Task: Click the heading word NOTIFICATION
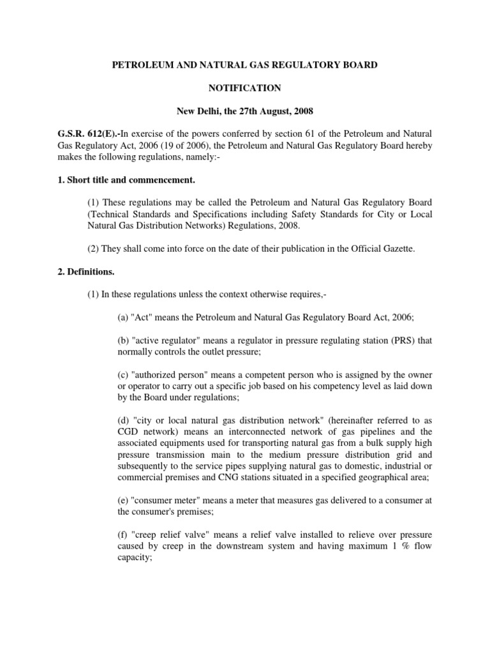(x=245, y=88)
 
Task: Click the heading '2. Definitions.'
(x=86, y=271)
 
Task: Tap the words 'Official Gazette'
(x=383, y=248)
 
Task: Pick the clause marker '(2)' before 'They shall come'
(x=93, y=248)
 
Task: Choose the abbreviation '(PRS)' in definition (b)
(x=399, y=340)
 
